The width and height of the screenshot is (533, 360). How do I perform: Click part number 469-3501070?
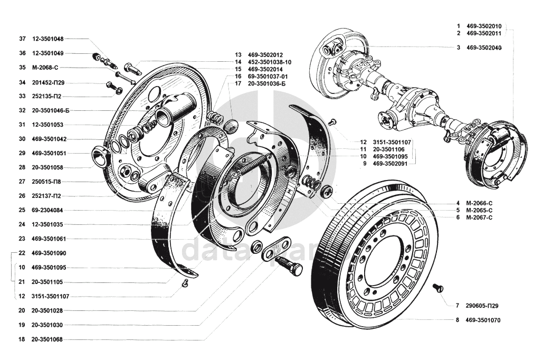(x=483, y=320)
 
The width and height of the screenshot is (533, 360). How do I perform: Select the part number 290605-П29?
(x=482, y=306)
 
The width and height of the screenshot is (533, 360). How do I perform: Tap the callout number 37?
(x=23, y=39)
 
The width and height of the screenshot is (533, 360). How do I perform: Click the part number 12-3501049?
(x=47, y=53)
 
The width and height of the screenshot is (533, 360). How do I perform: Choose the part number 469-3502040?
(x=484, y=48)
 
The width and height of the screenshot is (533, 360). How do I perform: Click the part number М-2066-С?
(x=479, y=203)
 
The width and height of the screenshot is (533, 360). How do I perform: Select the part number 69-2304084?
(x=47, y=210)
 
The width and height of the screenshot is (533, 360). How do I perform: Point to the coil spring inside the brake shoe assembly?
(x=252, y=165)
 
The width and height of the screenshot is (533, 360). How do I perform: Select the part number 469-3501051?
(x=49, y=153)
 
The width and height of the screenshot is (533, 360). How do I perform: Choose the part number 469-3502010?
(x=484, y=26)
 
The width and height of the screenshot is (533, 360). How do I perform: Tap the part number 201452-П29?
(x=48, y=82)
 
